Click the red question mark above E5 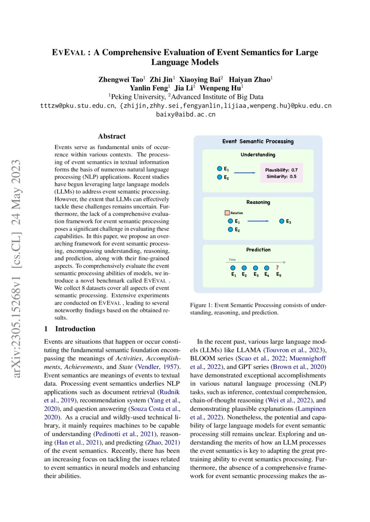pyautogui.click(x=277, y=267)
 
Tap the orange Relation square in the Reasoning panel pyautogui.click(x=227, y=213)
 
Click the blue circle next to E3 pyautogui.click(x=281, y=221)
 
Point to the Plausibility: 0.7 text pyautogui.click(x=281, y=170)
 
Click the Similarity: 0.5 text pyautogui.click(x=281, y=176)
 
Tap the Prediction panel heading pyautogui.click(x=258, y=250)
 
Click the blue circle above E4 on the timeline pyautogui.click(x=267, y=268)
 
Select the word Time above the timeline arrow pyautogui.click(x=232, y=259)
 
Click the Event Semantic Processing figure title pyautogui.click(x=258, y=142)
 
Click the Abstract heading pyautogui.click(x=112, y=137)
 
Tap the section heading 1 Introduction pyautogui.click(x=69, y=329)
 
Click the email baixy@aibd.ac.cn pyautogui.click(x=186, y=115)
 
